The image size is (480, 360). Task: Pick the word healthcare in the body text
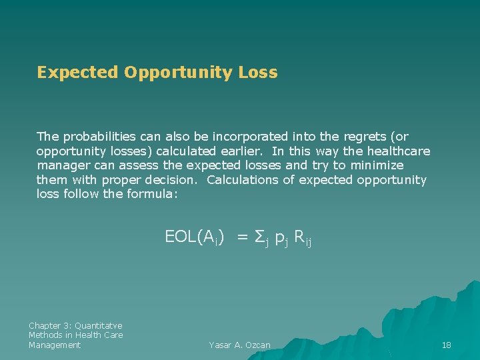(x=399, y=151)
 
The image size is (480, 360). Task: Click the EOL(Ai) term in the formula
(x=193, y=236)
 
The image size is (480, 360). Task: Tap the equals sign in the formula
(x=243, y=236)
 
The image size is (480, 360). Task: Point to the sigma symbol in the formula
(x=261, y=237)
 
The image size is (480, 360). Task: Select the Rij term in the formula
(x=302, y=237)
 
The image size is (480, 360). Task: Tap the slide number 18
(x=447, y=345)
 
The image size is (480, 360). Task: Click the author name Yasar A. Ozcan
(x=239, y=345)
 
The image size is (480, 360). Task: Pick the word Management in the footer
(x=55, y=345)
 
